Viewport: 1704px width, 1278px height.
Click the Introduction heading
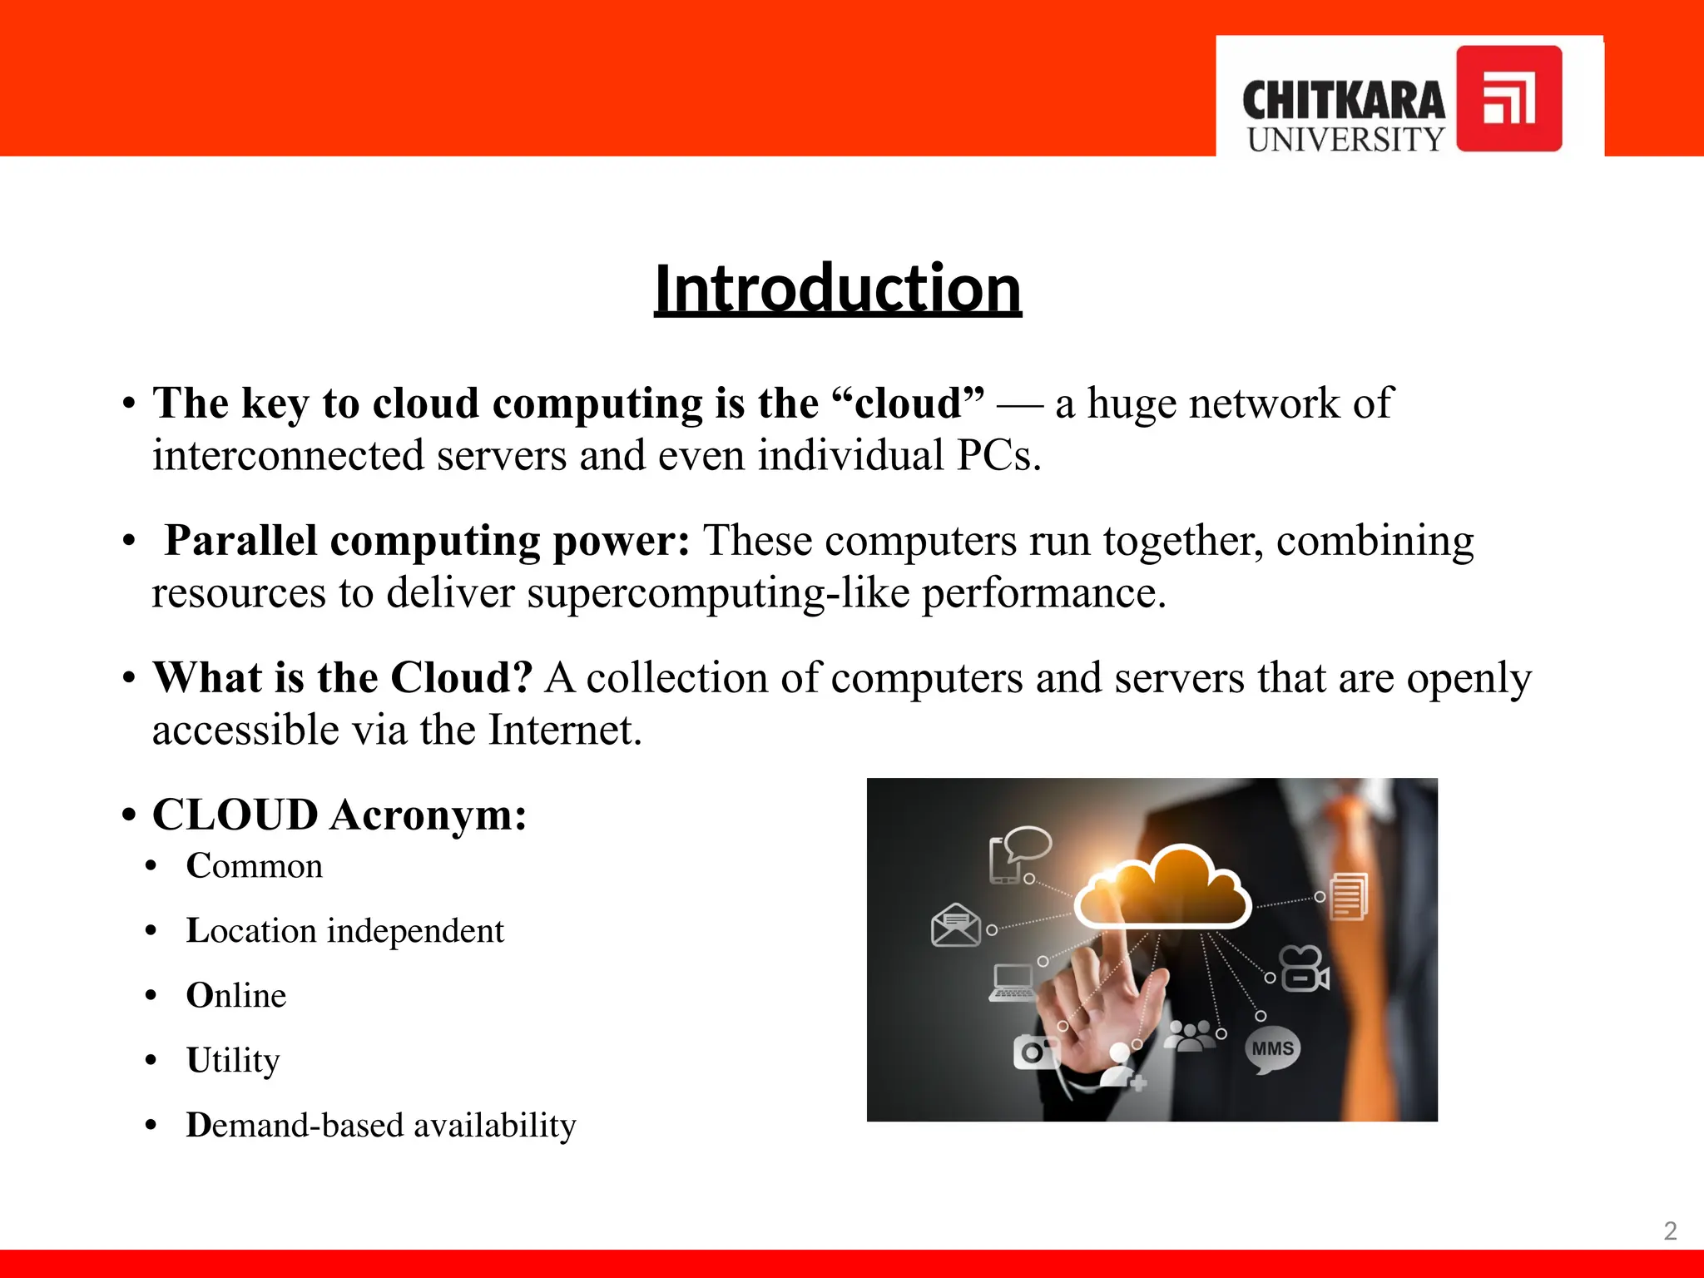(837, 288)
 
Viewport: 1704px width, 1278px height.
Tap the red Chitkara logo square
(1508, 98)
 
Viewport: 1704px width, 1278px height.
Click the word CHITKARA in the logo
(1343, 101)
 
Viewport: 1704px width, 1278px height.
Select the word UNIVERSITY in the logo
(1345, 140)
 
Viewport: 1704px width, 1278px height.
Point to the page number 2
(1669, 1231)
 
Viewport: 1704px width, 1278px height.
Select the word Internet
(564, 730)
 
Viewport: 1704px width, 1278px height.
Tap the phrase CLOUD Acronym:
(339, 814)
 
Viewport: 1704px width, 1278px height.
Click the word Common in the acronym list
(254, 866)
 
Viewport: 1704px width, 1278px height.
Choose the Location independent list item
(344, 930)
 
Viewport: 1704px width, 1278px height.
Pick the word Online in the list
(236, 995)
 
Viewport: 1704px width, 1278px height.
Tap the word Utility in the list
(233, 1060)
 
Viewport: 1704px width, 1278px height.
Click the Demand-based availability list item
(380, 1125)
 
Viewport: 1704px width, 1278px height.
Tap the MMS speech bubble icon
(1272, 1049)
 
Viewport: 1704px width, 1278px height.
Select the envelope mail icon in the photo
(955, 925)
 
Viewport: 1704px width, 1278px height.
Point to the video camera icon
(1304, 970)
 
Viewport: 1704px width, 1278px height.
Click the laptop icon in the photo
(1013, 982)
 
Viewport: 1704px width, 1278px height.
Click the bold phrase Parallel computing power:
(427, 541)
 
